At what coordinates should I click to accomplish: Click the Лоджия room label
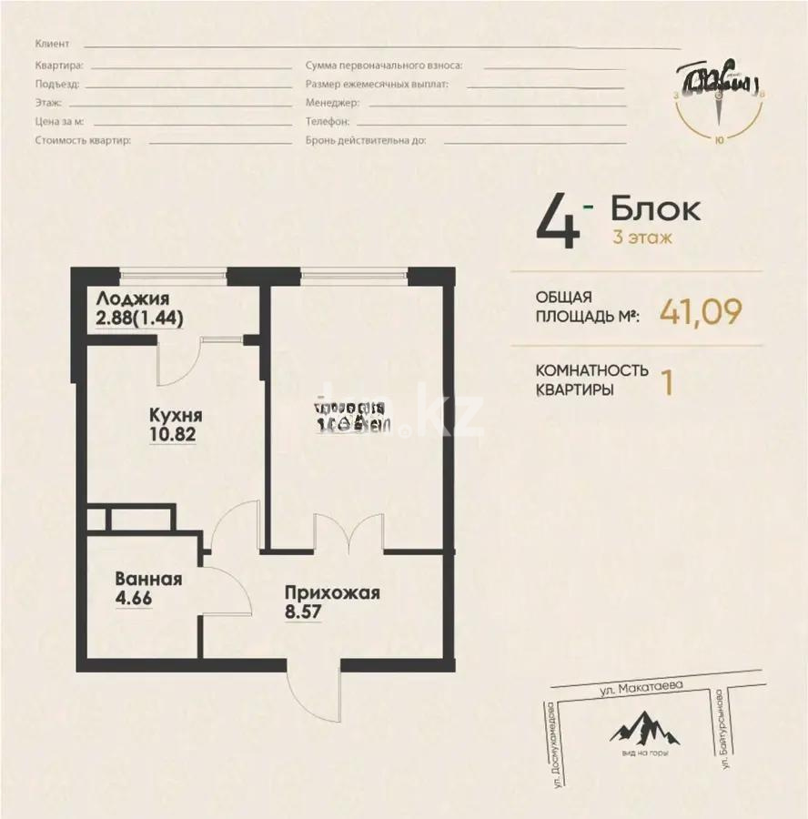point(132,298)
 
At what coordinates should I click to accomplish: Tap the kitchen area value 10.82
point(173,434)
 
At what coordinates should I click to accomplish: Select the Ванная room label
point(148,579)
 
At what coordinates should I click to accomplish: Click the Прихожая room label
point(331,593)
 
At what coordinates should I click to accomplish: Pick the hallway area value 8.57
point(304,613)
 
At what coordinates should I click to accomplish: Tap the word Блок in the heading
point(655,209)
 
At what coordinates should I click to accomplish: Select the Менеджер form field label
point(328,103)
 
